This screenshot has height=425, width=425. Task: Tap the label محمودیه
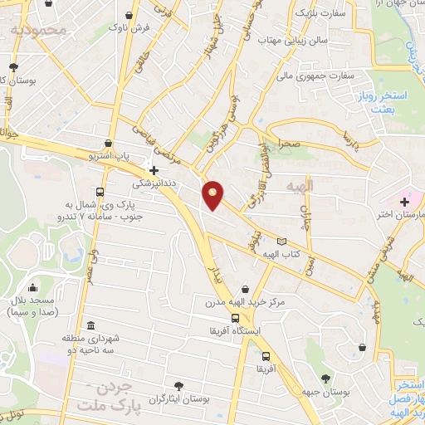point(37,30)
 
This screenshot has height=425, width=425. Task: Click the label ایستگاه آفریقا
point(237,330)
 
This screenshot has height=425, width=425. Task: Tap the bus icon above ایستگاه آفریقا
point(237,317)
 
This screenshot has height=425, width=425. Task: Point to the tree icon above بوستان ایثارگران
point(178,384)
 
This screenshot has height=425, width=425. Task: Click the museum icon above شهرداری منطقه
point(90,325)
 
